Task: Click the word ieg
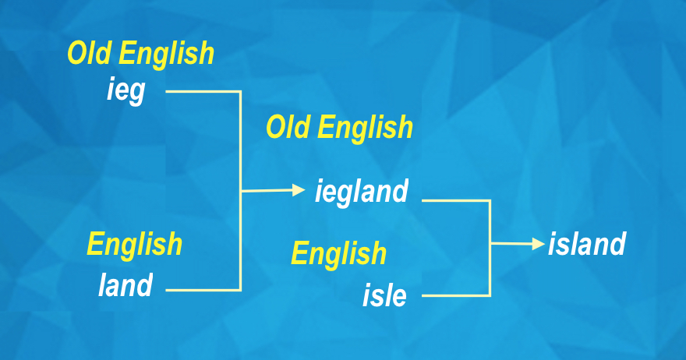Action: [126, 91]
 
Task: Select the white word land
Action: [126, 285]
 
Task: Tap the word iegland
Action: [361, 191]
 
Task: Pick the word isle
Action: [384, 295]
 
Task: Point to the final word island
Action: [586, 245]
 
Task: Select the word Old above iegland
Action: [289, 127]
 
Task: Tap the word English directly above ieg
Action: [167, 54]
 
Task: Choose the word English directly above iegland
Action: [366, 127]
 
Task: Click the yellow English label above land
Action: [134, 244]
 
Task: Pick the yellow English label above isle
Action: [338, 253]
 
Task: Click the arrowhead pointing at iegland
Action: [299, 189]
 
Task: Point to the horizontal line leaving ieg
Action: [203, 91]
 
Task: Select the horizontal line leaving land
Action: [203, 290]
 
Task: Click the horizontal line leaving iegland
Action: [456, 200]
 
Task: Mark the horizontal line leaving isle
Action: [456, 295]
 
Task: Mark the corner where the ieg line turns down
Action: [241, 91]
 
